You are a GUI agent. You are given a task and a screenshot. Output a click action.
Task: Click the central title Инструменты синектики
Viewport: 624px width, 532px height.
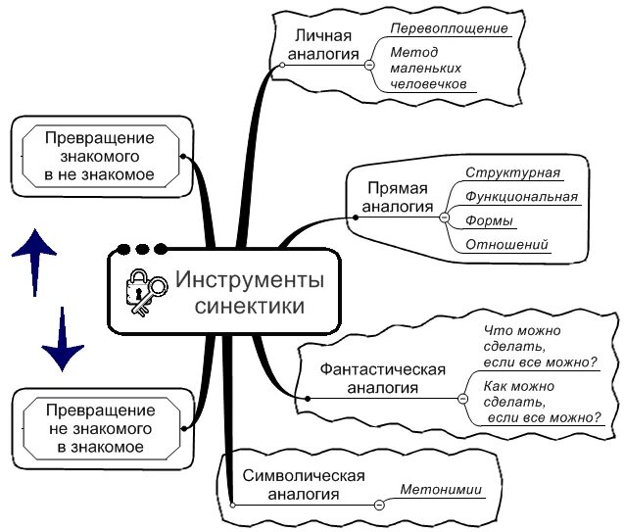point(249,292)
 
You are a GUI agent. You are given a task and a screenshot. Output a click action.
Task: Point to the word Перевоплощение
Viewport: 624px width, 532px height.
point(449,28)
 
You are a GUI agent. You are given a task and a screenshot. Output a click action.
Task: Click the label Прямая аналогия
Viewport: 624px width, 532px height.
point(398,197)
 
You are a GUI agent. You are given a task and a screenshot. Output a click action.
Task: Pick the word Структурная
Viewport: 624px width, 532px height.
point(512,173)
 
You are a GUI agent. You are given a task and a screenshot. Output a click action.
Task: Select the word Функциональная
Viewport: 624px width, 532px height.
point(521,197)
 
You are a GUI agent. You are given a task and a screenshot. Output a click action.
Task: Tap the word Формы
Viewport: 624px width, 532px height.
point(485,220)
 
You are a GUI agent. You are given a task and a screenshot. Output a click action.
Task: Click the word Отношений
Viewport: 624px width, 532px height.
point(505,245)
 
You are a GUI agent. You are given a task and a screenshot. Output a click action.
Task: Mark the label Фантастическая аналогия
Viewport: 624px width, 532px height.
point(382,378)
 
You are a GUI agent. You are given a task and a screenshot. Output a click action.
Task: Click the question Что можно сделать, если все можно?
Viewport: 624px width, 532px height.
point(541,347)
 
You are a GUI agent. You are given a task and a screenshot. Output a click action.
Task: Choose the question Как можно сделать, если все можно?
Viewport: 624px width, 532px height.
point(543,402)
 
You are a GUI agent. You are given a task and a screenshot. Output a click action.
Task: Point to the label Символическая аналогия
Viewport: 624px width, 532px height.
point(303,485)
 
